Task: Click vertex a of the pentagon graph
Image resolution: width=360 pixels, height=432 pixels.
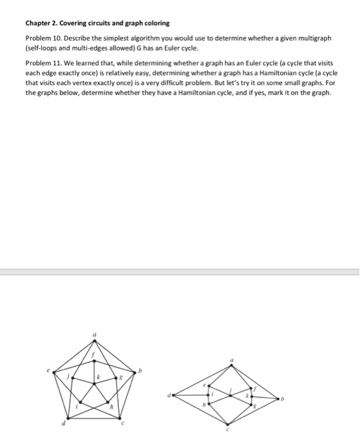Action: click(95, 341)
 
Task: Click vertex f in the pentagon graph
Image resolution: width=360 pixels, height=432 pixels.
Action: click(95, 360)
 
